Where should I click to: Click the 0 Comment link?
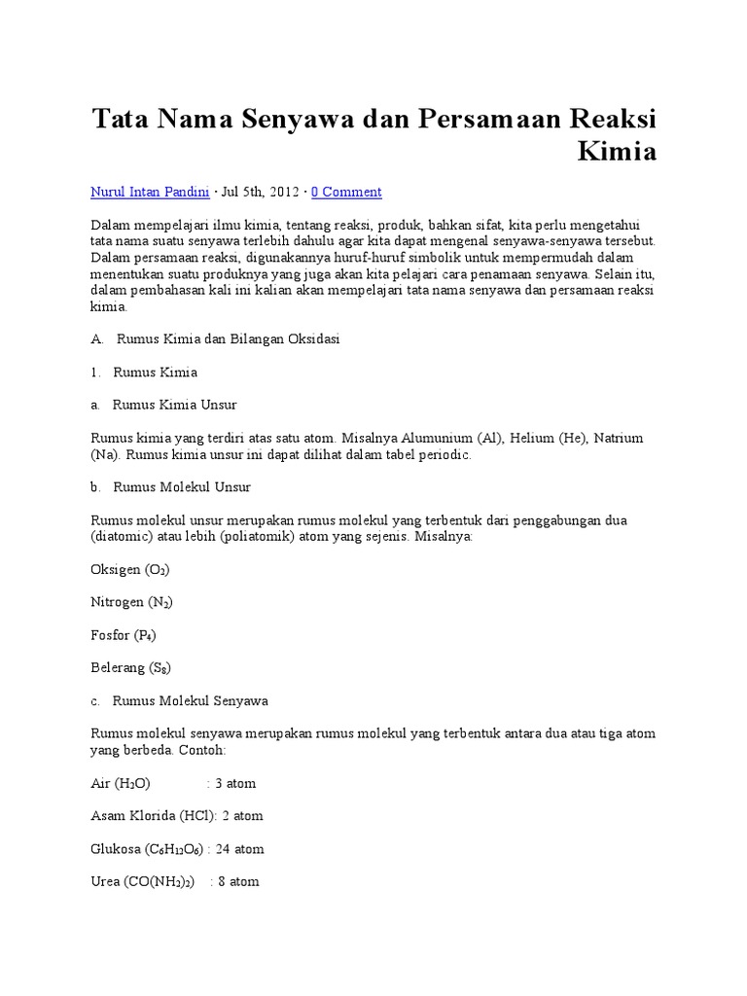[346, 192]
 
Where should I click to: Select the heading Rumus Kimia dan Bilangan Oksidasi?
[228, 339]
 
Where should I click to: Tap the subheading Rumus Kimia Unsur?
[175, 404]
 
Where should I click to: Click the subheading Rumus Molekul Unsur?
[182, 486]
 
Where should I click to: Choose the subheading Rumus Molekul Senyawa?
[191, 700]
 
